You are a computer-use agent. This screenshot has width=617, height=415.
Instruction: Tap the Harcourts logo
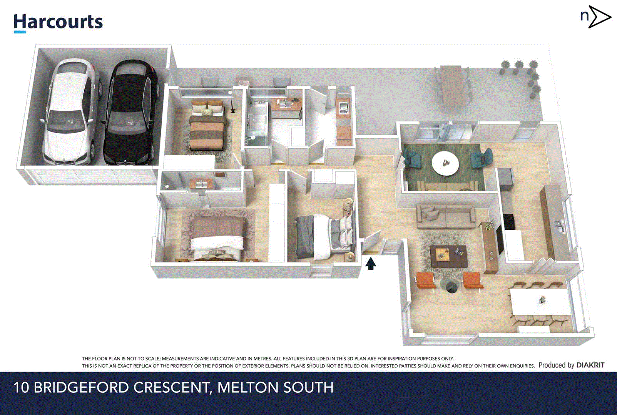pos(58,22)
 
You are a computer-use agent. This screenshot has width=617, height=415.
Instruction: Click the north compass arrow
pos(599,17)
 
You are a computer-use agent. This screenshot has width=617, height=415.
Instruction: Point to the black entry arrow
pos(370,264)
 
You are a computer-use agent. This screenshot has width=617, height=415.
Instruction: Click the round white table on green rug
pos(445,163)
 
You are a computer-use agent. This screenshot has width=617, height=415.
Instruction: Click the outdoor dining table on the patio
pos(452,86)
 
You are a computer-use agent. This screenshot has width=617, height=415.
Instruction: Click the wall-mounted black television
pos(499,240)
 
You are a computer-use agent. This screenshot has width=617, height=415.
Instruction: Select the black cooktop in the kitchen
pos(509,222)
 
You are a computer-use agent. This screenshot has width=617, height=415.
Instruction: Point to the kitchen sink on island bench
pos(559,227)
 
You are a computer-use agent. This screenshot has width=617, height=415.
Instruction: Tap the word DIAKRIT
pos(590,365)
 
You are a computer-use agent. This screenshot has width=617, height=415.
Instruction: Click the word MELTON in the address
pos(244,387)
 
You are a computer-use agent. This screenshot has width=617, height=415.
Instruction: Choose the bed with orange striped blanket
pos(207,128)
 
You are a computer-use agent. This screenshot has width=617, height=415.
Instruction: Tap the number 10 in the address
pos(21,387)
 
